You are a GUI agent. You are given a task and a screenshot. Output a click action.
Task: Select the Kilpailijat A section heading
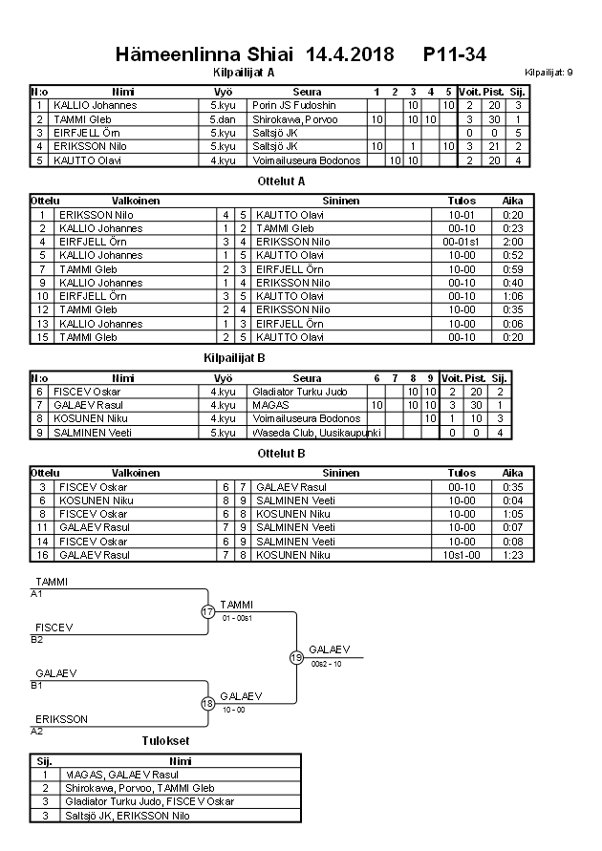(244, 72)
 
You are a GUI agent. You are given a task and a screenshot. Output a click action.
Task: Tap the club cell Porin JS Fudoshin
(295, 105)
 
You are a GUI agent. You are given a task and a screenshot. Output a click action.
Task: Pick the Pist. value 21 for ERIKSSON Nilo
(494, 147)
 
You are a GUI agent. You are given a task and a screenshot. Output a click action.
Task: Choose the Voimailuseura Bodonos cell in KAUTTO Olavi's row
(307, 160)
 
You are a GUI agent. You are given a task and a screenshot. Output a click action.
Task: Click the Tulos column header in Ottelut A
(462, 202)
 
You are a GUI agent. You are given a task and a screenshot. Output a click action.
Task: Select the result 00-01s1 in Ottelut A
(462, 243)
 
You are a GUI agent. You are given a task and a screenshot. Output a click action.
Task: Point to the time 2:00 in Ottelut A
(513, 243)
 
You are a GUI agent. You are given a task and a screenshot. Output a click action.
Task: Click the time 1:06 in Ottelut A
(513, 297)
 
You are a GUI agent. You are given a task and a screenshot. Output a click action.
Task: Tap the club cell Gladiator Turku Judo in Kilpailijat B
(299, 392)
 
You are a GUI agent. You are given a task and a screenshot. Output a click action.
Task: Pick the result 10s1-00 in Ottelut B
(462, 555)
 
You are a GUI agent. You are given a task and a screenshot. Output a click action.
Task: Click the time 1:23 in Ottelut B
(513, 555)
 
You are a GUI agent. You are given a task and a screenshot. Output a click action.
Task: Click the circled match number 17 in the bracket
(207, 612)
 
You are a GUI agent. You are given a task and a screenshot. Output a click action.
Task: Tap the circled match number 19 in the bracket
(296, 657)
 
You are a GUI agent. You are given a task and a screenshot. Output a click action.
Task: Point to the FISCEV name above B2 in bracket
(54, 628)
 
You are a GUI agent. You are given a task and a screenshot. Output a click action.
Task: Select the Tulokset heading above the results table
(163, 740)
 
